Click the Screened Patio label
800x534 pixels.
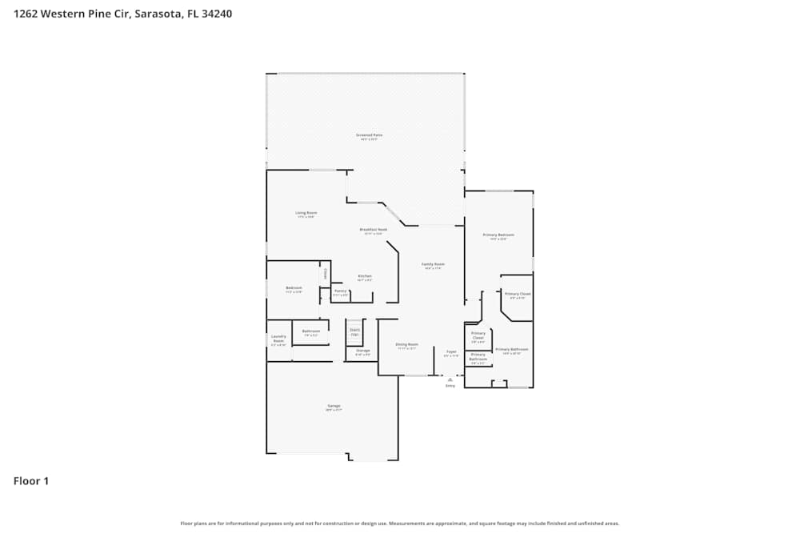click(x=369, y=135)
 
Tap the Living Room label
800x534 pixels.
click(x=306, y=213)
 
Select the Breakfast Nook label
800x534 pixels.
click(x=375, y=230)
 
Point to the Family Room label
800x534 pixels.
click(x=434, y=264)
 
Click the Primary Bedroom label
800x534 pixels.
click(x=498, y=235)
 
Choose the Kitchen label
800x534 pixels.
click(x=365, y=276)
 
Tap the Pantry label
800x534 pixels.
click(x=340, y=291)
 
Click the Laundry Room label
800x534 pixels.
click(x=278, y=339)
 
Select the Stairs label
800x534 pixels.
click(x=354, y=329)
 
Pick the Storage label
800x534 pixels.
click(x=362, y=351)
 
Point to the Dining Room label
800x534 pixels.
click(x=407, y=345)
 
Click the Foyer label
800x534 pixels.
click(x=451, y=351)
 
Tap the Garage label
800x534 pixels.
click(x=334, y=407)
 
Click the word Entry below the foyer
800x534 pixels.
click(x=450, y=387)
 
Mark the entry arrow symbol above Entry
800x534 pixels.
click(x=450, y=379)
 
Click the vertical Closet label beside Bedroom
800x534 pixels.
click(x=325, y=274)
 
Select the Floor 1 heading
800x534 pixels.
click(x=31, y=481)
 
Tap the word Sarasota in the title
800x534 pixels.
click(x=157, y=14)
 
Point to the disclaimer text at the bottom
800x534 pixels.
click(x=399, y=523)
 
